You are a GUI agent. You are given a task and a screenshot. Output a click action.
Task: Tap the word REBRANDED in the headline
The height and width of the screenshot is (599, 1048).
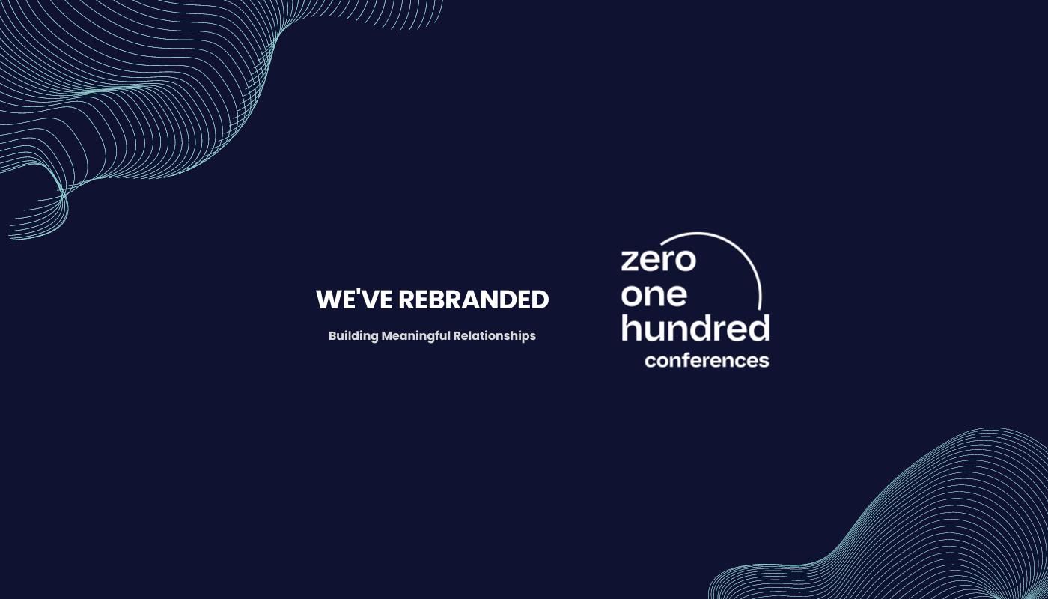pyautogui.click(x=473, y=300)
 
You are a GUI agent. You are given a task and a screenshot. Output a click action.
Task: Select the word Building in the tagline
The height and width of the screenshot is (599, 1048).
pyautogui.click(x=353, y=336)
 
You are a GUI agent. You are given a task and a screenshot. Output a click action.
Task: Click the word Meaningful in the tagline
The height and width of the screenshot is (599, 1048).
pyautogui.click(x=415, y=336)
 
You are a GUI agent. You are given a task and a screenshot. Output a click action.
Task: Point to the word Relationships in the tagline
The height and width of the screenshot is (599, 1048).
pyautogui.click(x=494, y=336)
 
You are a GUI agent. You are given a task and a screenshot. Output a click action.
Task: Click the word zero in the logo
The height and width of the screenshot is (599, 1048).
pyautogui.click(x=658, y=260)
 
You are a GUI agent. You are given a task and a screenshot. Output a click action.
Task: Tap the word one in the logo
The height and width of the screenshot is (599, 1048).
pyautogui.click(x=654, y=295)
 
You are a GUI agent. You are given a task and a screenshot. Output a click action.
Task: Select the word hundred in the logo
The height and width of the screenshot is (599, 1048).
pyautogui.click(x=695, y=329)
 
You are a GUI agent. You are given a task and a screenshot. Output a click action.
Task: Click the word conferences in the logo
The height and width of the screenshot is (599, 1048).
pyautogui.click(x=707, y=360)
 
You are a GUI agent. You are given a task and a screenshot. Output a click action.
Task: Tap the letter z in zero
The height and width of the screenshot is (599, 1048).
pyautogui.click(x=630, y=261)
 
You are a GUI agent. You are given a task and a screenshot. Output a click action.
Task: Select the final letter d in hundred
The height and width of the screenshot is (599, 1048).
pyautogui.click(x=759, y=327)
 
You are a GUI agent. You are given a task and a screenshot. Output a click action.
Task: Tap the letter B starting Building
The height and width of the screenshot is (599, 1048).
pyautogui.click(x=333, y=336)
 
